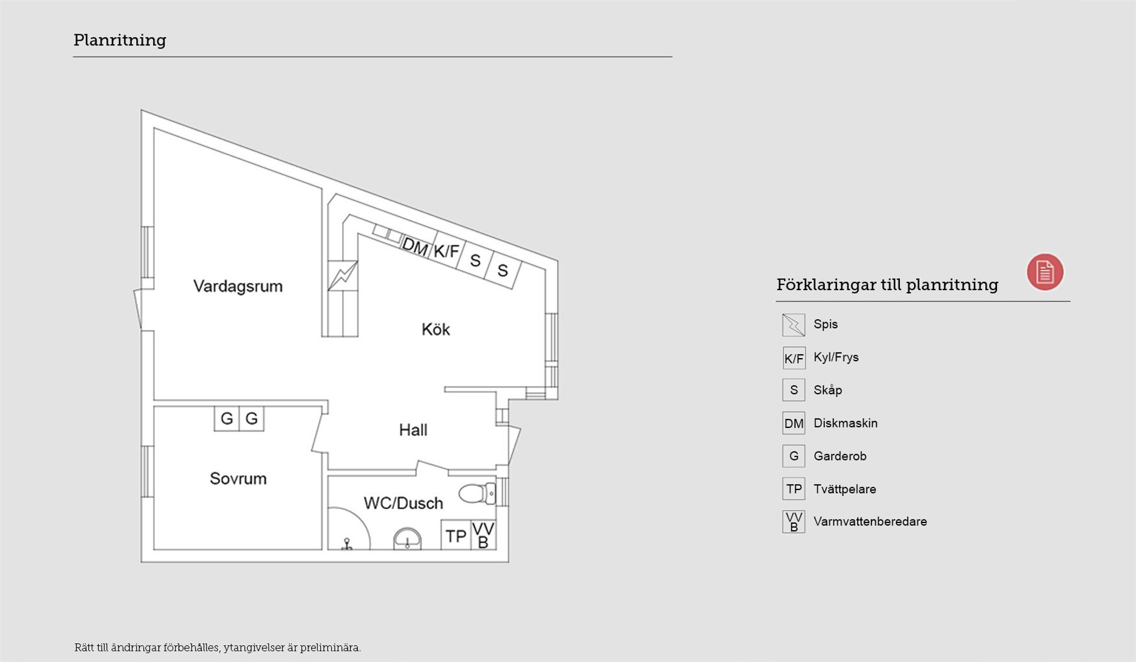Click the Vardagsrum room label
pyautogui.click(x=238, y=287)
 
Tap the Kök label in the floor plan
pyautogui.click(x=435, y=329)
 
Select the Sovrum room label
pyautogui.click(x=238, y=478)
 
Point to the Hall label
pyautogui.click(x=413, y=430)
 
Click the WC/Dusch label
pyautogui.click(x=403, y=503)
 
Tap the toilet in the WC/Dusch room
pyautogui.click(x=477, y=494)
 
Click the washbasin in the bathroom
pyautogui.click(x=408, y=539)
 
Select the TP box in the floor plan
pyautogui.click(x=456, y=536)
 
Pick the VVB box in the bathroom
pyautogui.click(x=483, y=536)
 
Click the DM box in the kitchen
pyautogui.click(x=415, y=246)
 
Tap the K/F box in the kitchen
pyautogui.click(x=446, y=251)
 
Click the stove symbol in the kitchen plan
pyautogui.click(x=343, y=276)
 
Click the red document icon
pyautogui.click(x=1045, y=272)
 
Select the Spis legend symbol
pyautogui.click(x=793, y=325)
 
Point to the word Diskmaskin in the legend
pyautogui.click(x=845, y=423)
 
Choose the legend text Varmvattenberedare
pyautogui.click(x=870, y=521)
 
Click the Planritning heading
pyautogui.click(x=120, y=40)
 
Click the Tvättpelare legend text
pyautogui.click(x=845, y=489)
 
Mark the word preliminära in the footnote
pyautogui.click(x=330, y=648)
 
